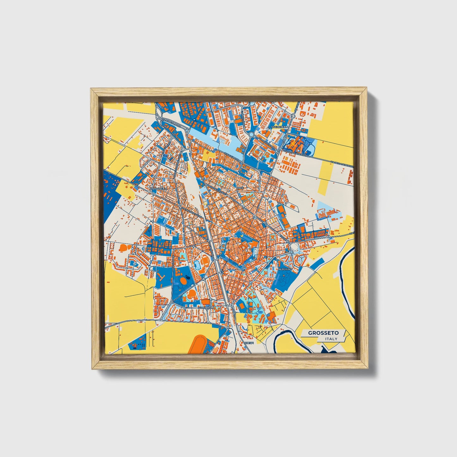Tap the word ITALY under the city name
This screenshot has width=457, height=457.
(x=331, y=339)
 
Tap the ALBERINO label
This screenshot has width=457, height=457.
(x=285, y=269)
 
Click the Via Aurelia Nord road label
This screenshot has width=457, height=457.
(x=171, y=123)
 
